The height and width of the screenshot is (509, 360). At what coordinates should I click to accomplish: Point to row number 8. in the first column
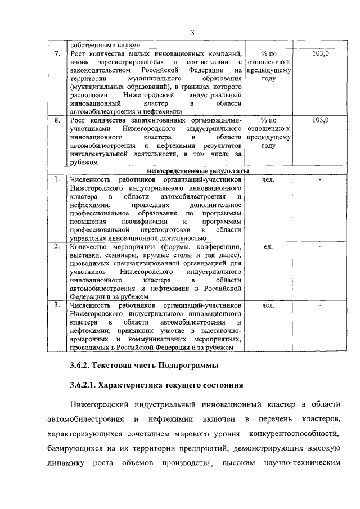pos(57,120)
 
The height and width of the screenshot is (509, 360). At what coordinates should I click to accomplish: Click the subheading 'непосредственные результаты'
pos(199,171)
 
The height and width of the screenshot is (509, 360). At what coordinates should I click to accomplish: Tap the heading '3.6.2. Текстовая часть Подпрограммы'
pos(141,366)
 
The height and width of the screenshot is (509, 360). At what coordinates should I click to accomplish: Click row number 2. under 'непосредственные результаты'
pos(57,247)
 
